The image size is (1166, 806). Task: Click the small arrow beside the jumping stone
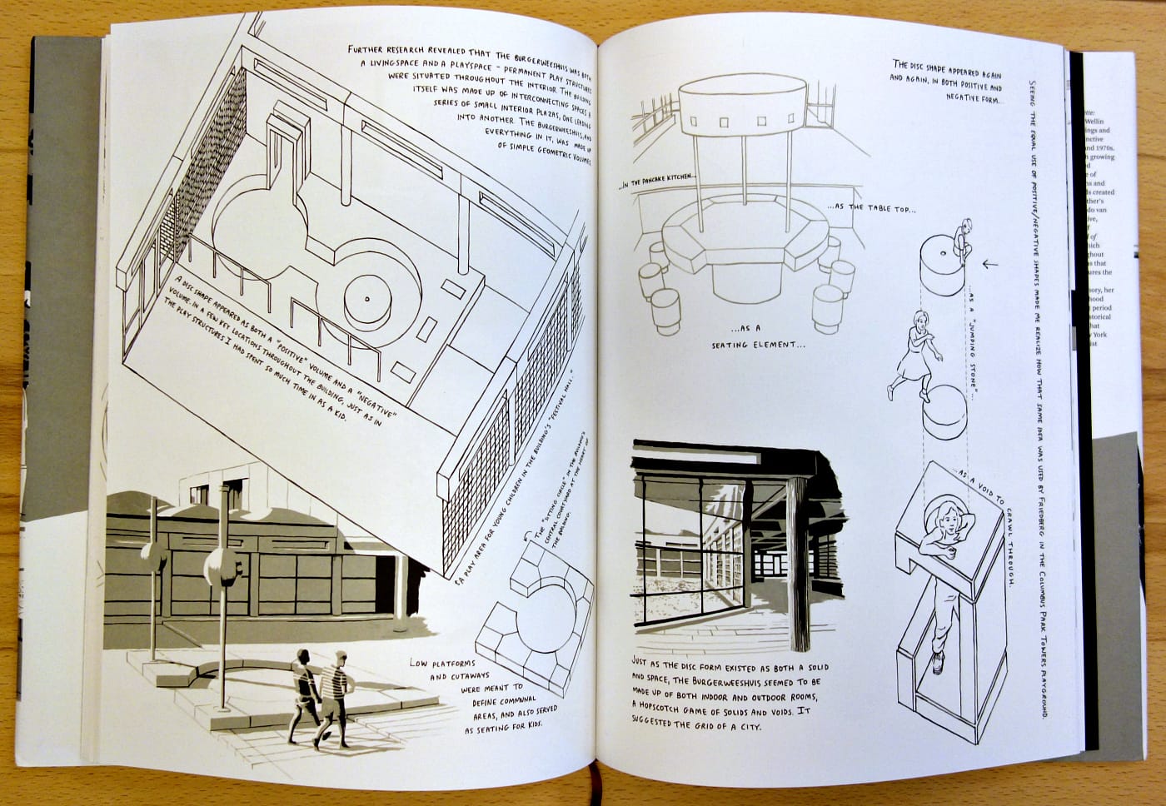(x=989, y=265)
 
